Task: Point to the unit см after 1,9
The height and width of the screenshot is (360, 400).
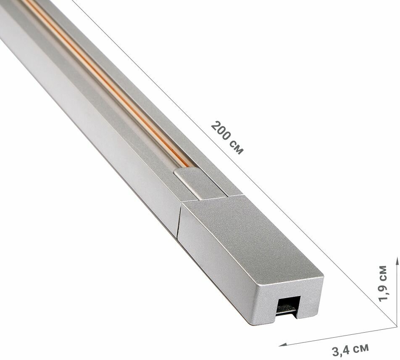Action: point(384,272)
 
